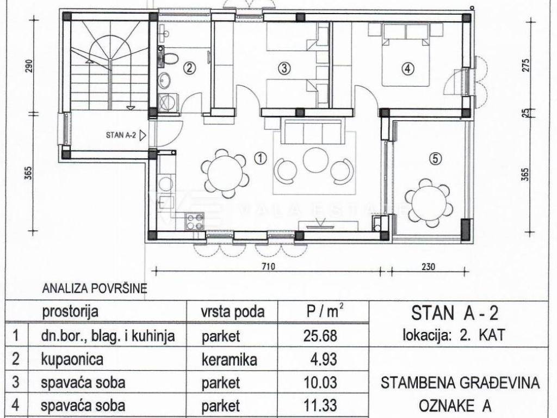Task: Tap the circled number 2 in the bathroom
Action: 190,67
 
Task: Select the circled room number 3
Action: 284,67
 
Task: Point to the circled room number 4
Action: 407,67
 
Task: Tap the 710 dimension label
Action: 268,266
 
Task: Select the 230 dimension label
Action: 429,266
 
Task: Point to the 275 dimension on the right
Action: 526,65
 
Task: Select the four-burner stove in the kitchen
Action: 195,221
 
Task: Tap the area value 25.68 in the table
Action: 320,335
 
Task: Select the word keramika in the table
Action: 229,360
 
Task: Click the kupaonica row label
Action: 72,359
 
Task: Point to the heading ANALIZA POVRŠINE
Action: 95,288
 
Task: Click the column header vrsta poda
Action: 233,312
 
